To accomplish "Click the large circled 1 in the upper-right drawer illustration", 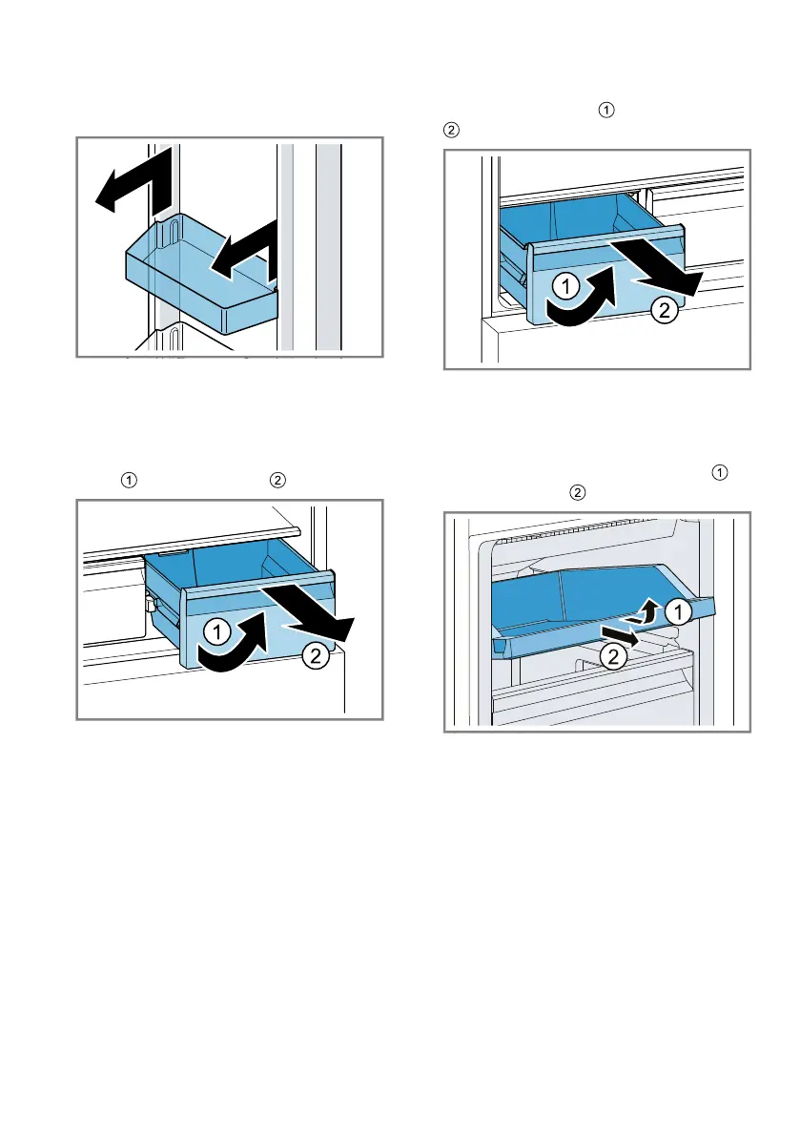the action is click(564, 285).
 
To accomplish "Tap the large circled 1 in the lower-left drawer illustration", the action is click(215, 629).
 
